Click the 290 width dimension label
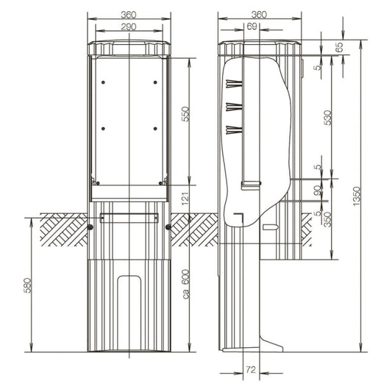tap(129, 26)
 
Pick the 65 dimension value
tap(339, 46)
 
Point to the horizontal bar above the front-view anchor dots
tap(129, 215)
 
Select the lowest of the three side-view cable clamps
tap(234, 131)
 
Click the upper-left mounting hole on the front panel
tap(102, 83)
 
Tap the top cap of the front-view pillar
tap(129, 46)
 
